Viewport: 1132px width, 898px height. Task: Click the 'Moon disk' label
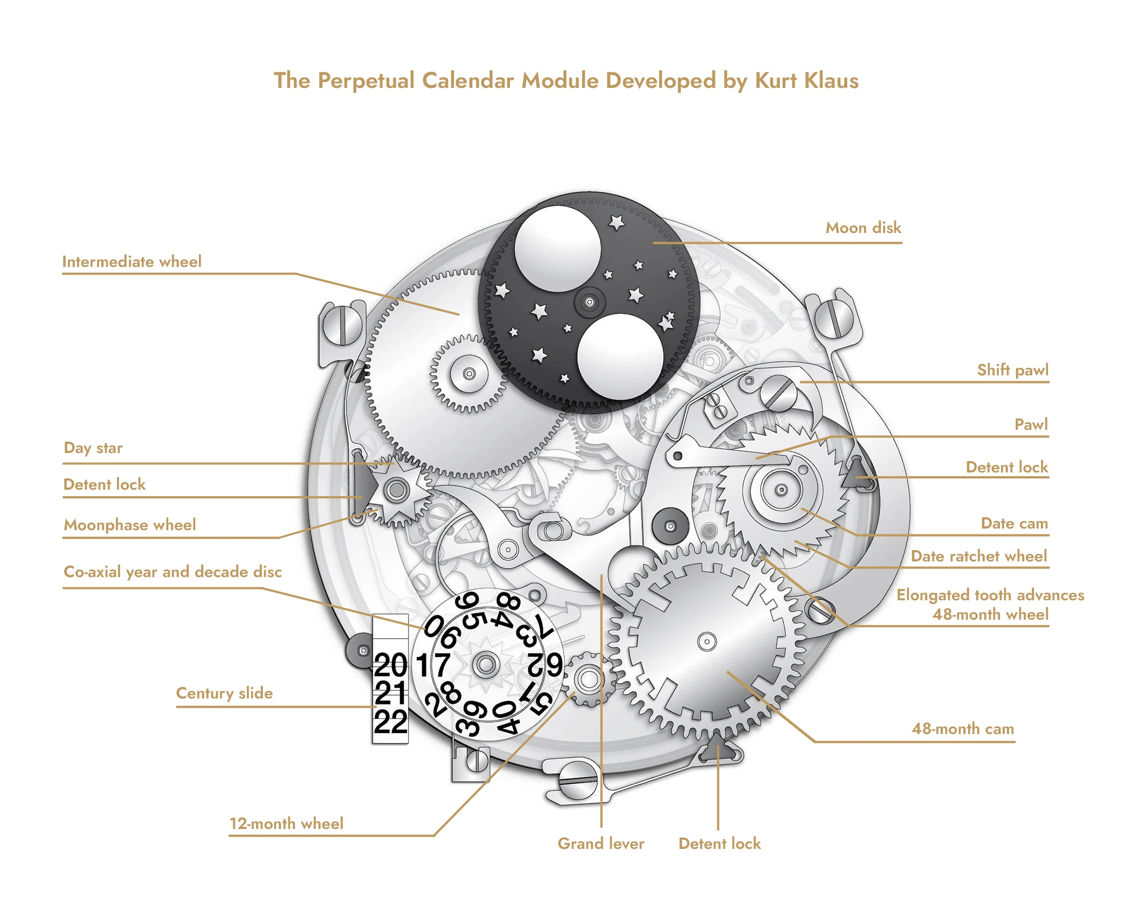[863, 228]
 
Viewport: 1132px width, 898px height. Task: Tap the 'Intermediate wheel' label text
[132, 262]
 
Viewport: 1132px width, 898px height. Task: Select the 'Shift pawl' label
[1013, 370]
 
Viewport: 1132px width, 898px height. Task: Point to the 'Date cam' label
[1014, 523]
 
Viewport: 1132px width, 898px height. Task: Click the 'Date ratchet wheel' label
[978, 556]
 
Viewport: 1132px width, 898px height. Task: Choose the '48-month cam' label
[963, 729]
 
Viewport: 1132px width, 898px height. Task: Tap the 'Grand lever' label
[600, 844]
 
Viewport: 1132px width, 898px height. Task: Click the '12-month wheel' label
[286, 824]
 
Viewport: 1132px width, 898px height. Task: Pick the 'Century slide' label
[224, 693]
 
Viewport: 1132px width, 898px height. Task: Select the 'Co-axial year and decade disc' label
[172, 572]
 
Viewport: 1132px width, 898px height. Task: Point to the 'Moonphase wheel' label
[130, 525]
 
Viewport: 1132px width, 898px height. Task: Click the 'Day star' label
[93, 448]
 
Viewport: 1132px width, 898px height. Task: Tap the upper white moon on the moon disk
[557, 250]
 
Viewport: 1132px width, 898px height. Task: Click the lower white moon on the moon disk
[619, 357]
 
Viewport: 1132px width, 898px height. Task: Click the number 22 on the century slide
[391, 722]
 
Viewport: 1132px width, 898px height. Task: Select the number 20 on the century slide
[391, 664]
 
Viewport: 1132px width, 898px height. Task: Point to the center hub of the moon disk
[589, 302]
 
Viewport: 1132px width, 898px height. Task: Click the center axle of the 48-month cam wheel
[707, 641]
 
